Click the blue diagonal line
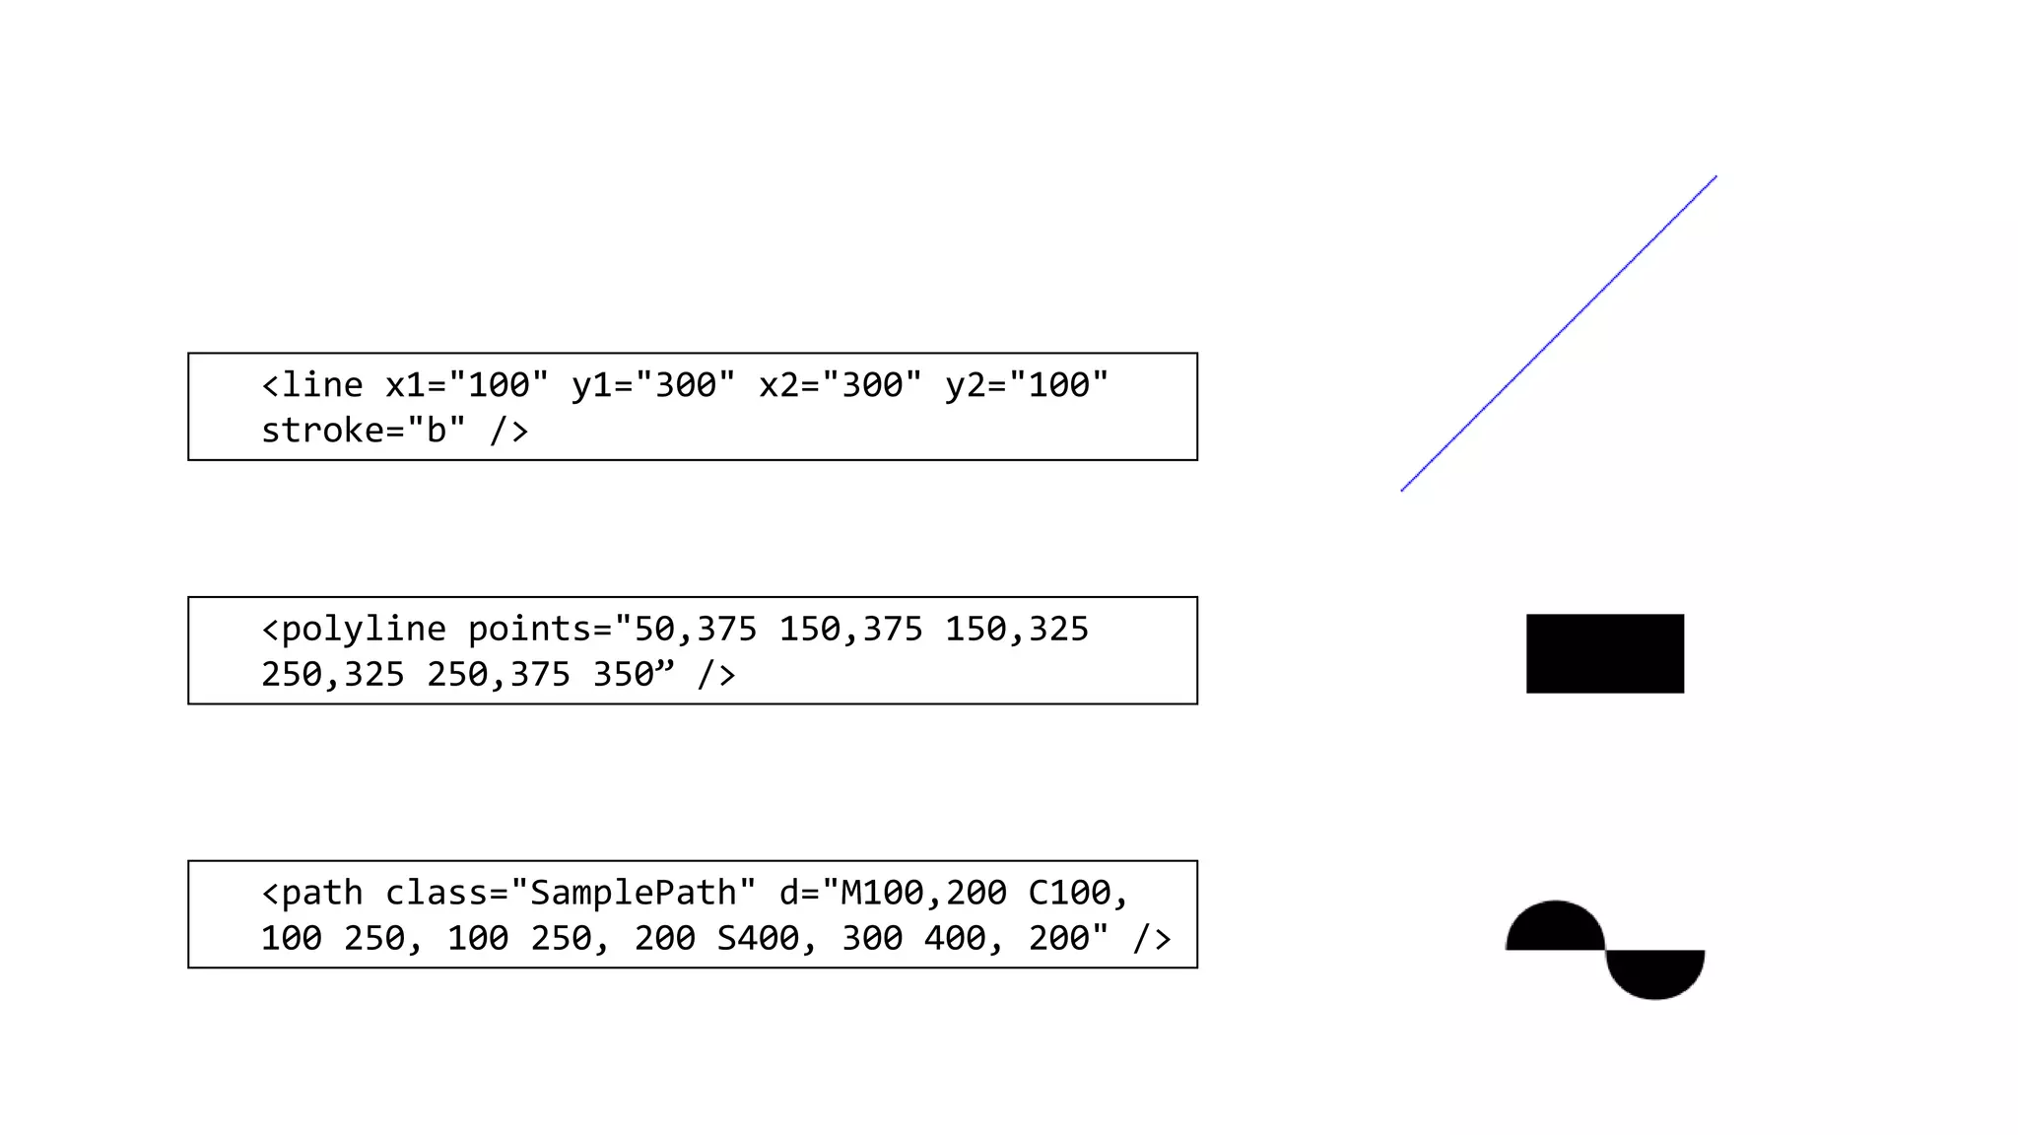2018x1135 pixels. click(1559, 334)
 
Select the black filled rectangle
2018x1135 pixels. click(1605, 653)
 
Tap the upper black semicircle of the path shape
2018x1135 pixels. click(1556, 929)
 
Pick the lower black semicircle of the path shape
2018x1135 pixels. click(1655, 971)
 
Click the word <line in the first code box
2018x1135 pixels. click(312, 385)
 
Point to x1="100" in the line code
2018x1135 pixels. click(466, 385)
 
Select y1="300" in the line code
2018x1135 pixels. click(653, 385)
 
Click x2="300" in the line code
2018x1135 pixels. click(841, 385)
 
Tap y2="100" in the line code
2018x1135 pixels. click(1027, 385)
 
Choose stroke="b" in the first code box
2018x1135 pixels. click(363, 431)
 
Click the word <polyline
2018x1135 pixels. click(354, 630)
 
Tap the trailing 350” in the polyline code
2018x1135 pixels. click(634, 675)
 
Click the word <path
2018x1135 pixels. click(312, 894)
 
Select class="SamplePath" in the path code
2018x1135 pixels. click(571, 894)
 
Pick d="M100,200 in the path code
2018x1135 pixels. click(893, 894)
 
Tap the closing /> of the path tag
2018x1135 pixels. click(1152, 939)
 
